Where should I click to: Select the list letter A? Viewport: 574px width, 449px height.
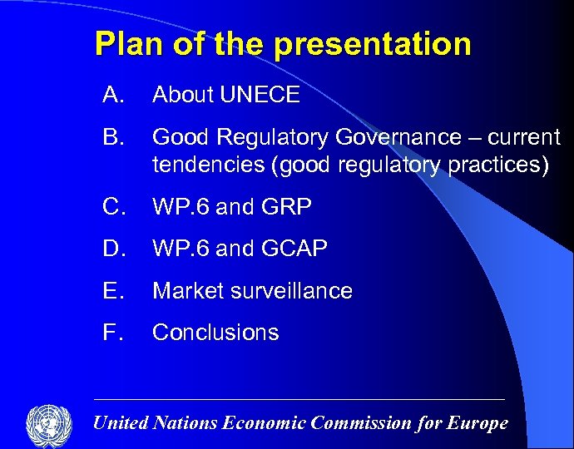click(x=112, y=96)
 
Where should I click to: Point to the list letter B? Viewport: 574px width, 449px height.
click(x=112, y=137)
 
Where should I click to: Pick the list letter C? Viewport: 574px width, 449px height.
click(x=113, y=207)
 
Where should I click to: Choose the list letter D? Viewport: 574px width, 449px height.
click(x=113, y=249)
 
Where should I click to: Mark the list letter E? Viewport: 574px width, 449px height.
click(x=112, y=290)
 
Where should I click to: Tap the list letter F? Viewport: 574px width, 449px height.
click(x=111, y=332)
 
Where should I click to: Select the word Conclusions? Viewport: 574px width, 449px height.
click(x=215, y=332)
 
